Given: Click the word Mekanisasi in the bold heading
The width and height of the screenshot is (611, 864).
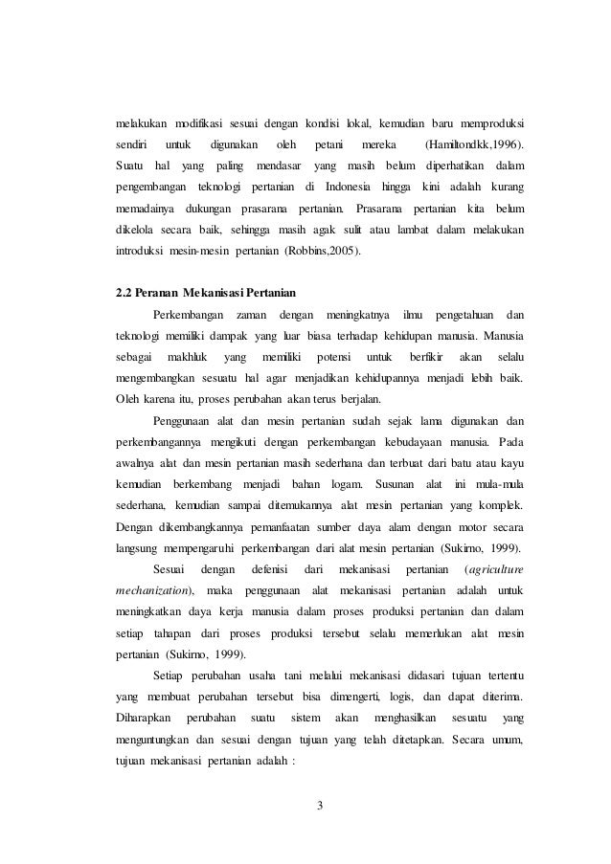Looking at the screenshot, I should point(212,291).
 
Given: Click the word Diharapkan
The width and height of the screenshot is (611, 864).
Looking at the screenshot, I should point(143,724).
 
